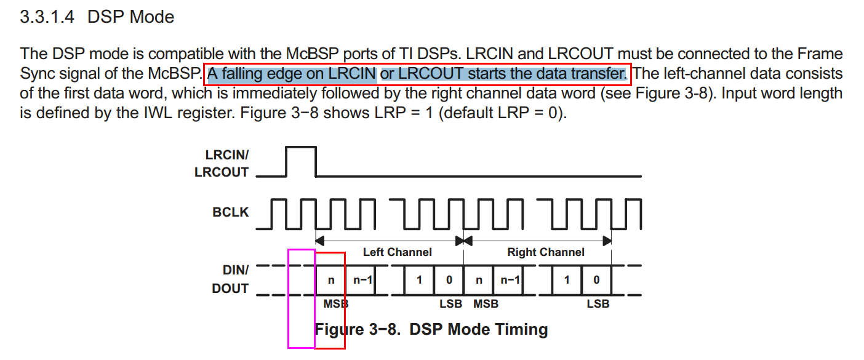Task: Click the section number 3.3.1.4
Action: point(47,17)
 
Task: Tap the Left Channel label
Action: point(397,252)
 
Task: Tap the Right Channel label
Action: point(545,252)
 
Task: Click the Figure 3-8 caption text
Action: point(431,329)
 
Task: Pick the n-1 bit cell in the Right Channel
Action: point(510,280)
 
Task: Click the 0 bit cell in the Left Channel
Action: point(449,280)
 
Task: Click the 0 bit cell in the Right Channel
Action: point(596,280)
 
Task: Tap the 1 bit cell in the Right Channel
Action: point(567,280)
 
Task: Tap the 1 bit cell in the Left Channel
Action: point(419,280)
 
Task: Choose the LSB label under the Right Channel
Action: point(598,303)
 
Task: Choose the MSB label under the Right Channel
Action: point(486,303)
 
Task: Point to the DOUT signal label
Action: point(230,288)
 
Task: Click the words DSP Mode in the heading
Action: point(131,17)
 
